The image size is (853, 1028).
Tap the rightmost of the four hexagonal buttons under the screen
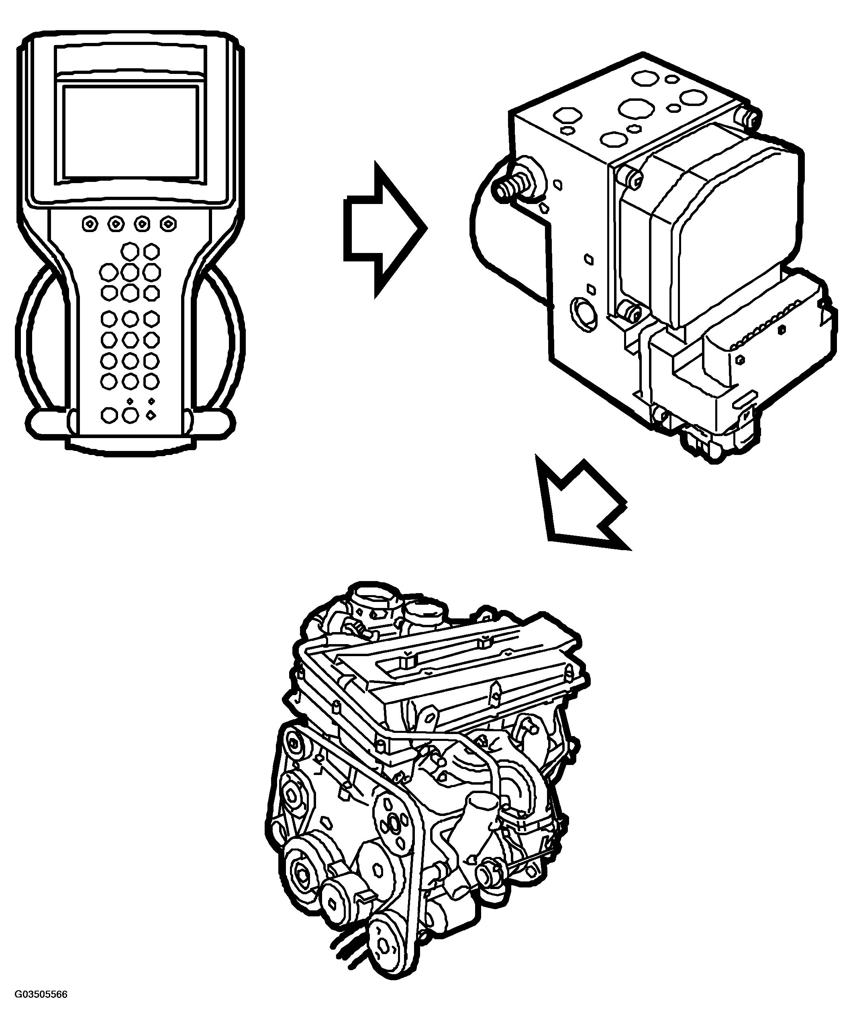168,224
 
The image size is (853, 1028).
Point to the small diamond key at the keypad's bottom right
151,415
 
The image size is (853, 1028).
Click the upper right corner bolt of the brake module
750,116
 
